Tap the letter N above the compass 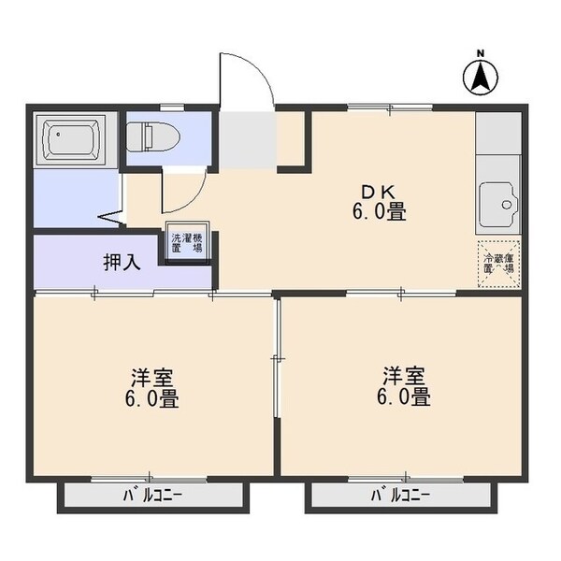click(x=481, y=52)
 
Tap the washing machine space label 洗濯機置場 click(x=186, y=243)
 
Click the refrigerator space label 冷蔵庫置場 click(x=498, y=261)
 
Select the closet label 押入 click(x=122, y=261)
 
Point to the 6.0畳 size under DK click(x=379, y=212)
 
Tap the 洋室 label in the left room click(x=151, y=378)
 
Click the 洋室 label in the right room click(x=404, y=376)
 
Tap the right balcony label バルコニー click(x=399, y=495)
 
